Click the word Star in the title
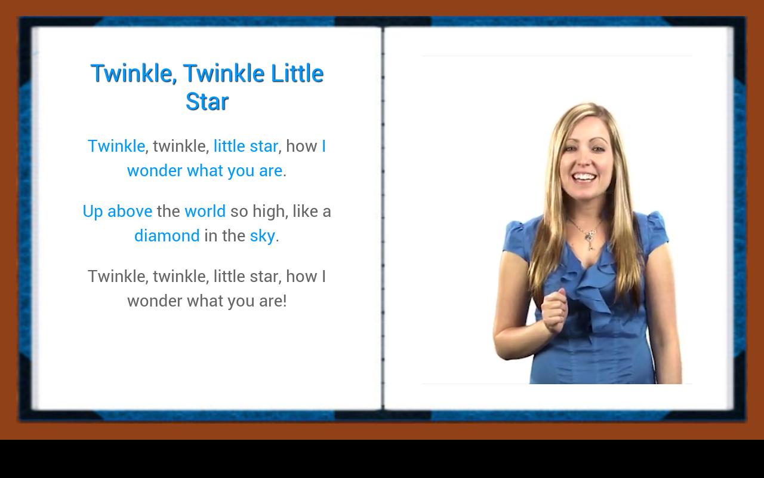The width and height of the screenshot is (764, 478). pyautogui.click(x=207, y=102)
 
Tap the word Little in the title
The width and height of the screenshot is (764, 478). pyautogui.click(x=297, y=73)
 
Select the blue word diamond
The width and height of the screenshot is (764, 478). pyautogui.click(x=167, y=235)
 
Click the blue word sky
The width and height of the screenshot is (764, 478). pyautogui.click(x=262, y=236)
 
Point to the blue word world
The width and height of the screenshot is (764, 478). pyautogui.click(x=205, y=211)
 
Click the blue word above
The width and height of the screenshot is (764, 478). pyautogui.click(x=130, y=211)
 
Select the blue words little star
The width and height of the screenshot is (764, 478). pyautogui.click(x=245, y=146)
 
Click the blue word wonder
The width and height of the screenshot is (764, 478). pyautogui.click(x=155, y=171)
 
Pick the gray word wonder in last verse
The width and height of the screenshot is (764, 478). pyautogui.click(x=155, y=301)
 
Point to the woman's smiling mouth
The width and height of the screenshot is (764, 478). pyautogui.click(x=584, y=177)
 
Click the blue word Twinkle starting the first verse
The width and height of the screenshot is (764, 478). pyautogui.click(x=116, y=146)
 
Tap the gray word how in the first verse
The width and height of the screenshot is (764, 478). pyautogui.click(x=301, y=146)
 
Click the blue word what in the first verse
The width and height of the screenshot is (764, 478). pyautogui.click(x=205, y=171)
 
